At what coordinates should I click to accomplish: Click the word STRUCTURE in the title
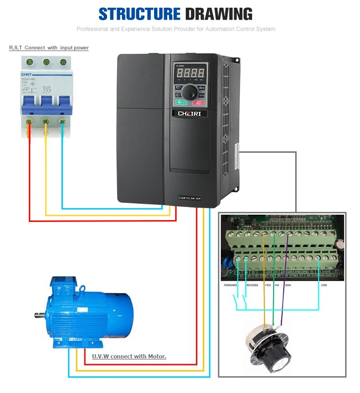pyautogui.click(x=139, y=14)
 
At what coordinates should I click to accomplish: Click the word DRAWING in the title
pyautogui.click(x=219, y=14)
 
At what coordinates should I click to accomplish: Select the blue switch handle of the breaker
pyautogui.click(x=46, y=101)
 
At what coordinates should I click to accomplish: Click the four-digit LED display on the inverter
pyautogui.click(x=191, y=74)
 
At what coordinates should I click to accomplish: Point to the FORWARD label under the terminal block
pyautogui.click(x=230, y=285)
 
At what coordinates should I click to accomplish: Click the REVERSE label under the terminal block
pyautogui.click(x=252, y=285)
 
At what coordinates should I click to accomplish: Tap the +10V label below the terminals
pyautogui.click(x=268, y=285)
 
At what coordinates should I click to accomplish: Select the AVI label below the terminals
pyautogui.click(x=276, y=285)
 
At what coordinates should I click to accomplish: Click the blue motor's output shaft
pyautogui.click(x=39, y=315)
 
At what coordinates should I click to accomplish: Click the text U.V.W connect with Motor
pyautogui.click(x=129, y=356)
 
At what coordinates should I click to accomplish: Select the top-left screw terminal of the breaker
pyautogui.click(x=30, y=62)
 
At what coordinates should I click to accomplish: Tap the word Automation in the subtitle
pyautogui.click(x=218, y=29)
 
